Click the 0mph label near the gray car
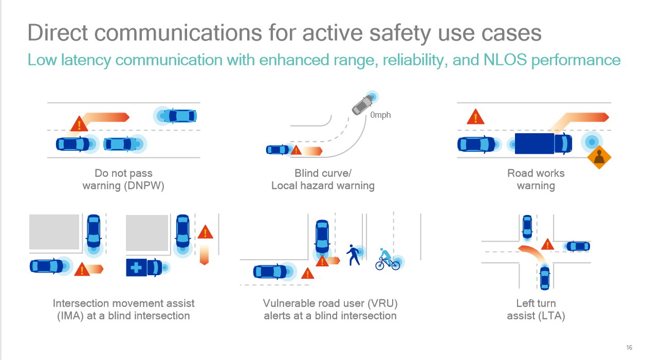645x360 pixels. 380,115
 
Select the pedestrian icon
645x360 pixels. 354,255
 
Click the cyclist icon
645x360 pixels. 386,260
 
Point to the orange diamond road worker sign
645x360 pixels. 598,158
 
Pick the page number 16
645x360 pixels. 629,346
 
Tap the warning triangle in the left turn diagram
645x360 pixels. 547,244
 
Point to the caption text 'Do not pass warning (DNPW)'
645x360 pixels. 123,179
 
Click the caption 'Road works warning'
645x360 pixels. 536,179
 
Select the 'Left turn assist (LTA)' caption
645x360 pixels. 536,310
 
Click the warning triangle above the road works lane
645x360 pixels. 475,117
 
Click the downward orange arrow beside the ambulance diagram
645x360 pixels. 204,254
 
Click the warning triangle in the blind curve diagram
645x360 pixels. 296,150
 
